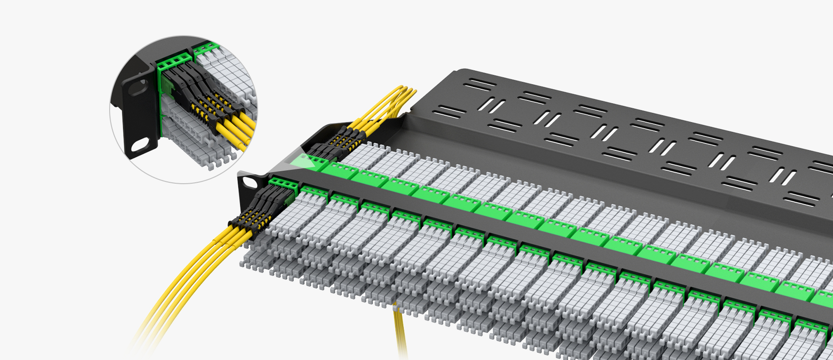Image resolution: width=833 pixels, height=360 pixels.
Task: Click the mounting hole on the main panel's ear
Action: pos(250,182)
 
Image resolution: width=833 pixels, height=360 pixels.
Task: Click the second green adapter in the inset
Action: pos(206,48)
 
